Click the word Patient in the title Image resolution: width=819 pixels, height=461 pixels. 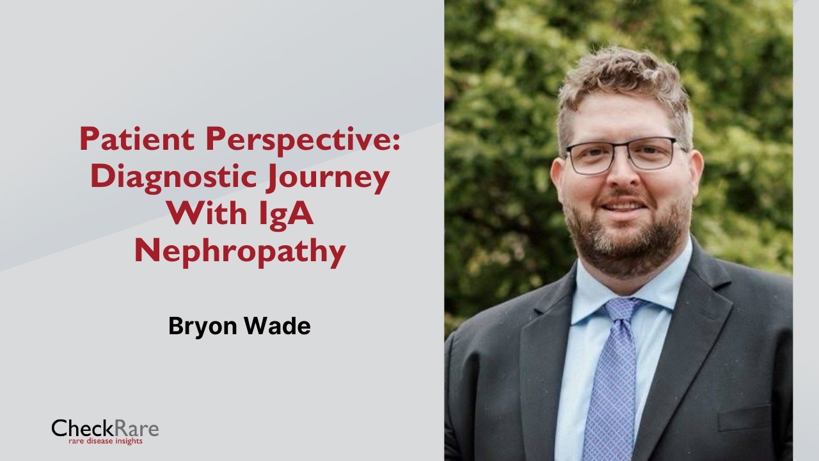(137, 139)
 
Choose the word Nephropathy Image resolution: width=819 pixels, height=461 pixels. (240, 253)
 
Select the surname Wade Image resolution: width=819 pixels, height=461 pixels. (278, 326)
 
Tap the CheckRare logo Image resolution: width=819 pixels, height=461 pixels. (106, 432)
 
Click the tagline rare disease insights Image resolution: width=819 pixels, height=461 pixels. (106, 441)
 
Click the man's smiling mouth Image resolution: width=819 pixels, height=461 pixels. (623, 206)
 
